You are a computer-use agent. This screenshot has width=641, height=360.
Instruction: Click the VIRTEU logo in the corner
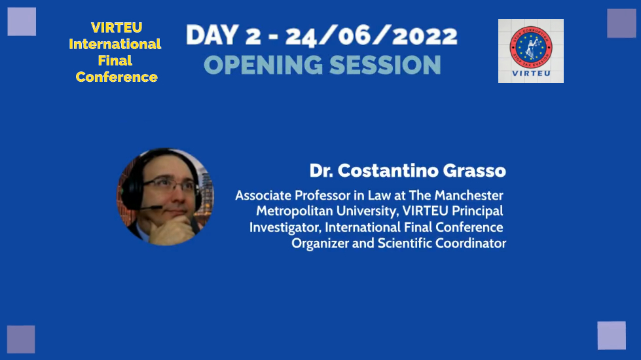[530, 50]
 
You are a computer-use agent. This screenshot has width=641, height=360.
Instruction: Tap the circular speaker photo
[166, 196]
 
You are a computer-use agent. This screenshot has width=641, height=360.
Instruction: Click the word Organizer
[319, 243]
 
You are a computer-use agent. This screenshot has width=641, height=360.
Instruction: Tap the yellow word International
[115, 45]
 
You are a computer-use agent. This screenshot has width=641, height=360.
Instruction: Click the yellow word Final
[115, 61]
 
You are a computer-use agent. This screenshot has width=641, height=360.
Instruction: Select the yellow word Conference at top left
[117, 77]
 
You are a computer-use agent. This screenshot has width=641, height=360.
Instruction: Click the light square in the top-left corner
[22, 22]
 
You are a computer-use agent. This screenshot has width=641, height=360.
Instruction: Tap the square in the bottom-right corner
[612, 335]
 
